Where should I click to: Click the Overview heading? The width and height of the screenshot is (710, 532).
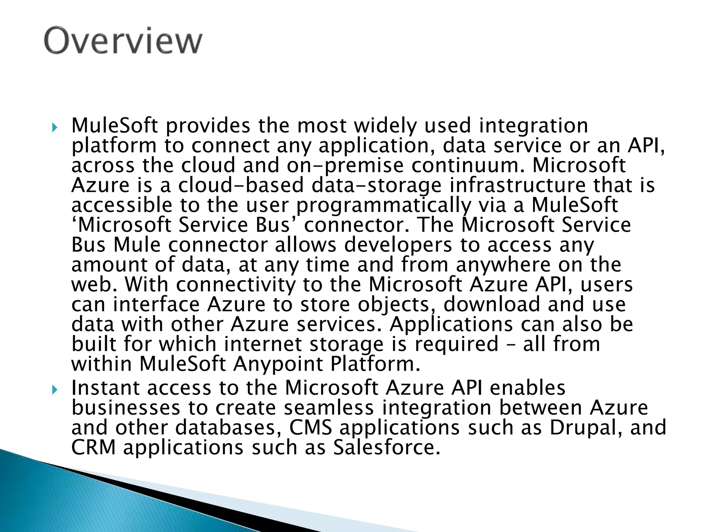(123, 41)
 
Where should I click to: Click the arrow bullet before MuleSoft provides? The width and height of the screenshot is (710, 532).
(54, 128)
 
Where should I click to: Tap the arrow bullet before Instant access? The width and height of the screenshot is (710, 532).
(54, 390)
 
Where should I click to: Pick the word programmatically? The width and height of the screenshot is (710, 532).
(383, 205)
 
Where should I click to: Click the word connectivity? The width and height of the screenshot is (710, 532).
(235, 285)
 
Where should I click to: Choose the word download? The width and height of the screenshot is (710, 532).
(492, 304)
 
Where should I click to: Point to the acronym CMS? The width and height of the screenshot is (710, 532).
(311, 428)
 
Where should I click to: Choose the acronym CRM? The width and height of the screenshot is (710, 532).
(93, 447)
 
